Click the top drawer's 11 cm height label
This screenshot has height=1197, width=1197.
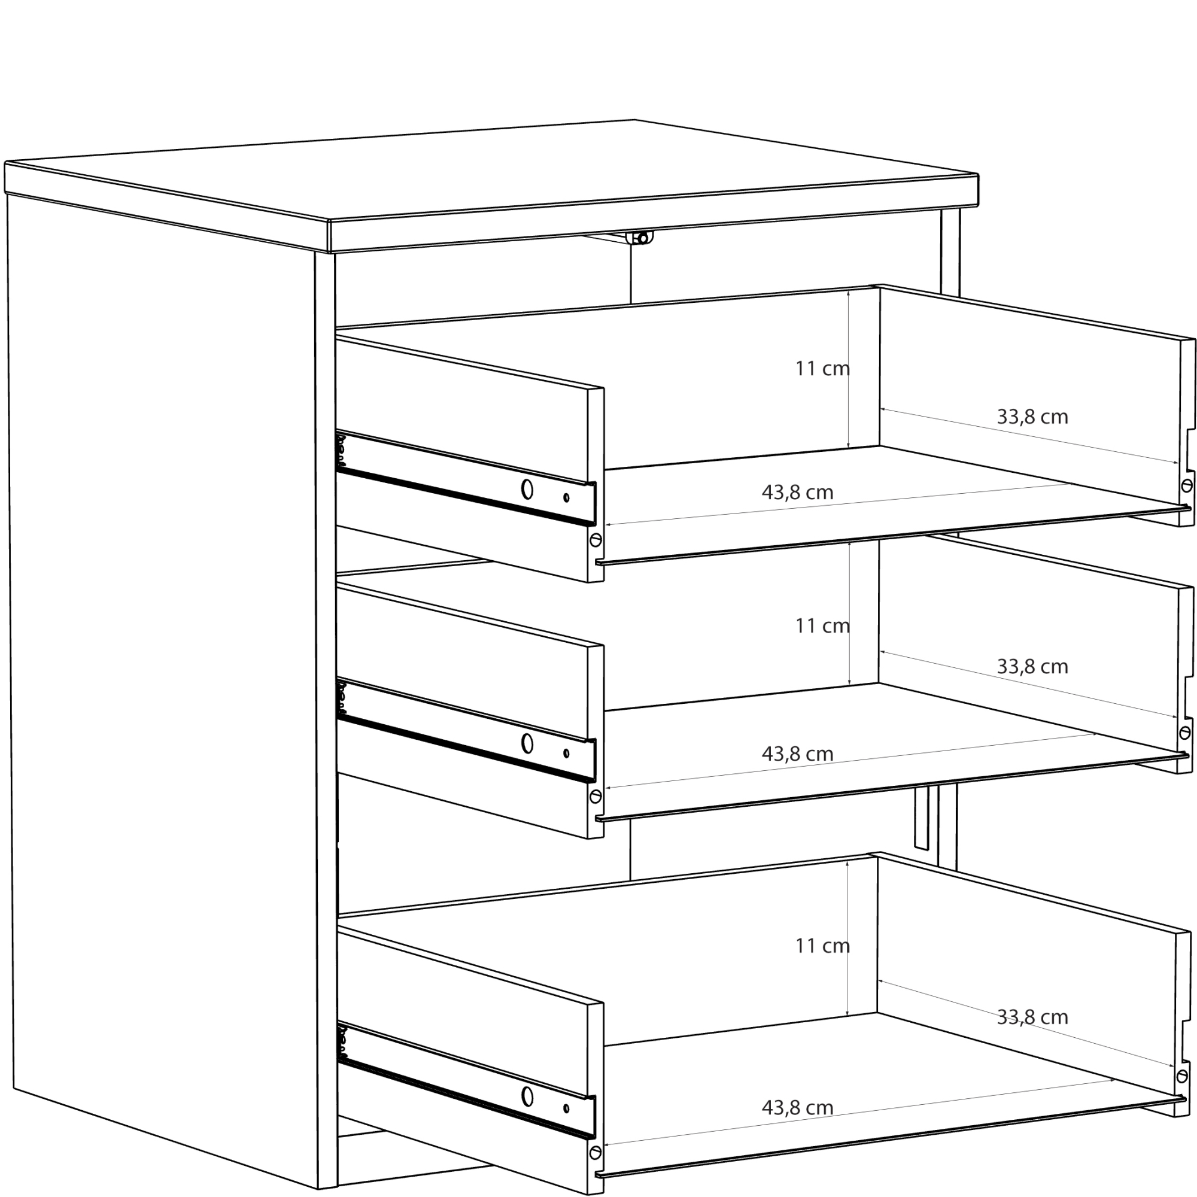coord(822,369)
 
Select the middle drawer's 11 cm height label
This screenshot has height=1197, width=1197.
coord(822,626)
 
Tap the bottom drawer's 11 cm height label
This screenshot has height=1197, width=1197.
coord(822,946)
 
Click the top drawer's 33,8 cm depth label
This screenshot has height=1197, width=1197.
coord(1032,417)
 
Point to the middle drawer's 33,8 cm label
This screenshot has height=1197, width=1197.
coord(1032,667)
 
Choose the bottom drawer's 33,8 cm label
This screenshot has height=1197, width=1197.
coord(1032,1017)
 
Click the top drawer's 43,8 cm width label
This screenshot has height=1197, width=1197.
coord(797,493)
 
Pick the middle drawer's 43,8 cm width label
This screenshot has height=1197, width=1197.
coord(797,754)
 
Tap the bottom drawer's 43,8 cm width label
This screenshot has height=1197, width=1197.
coord(797,1107)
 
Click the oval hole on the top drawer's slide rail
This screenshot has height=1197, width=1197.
coord(527,490)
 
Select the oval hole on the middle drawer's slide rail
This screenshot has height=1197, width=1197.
coord(527,743)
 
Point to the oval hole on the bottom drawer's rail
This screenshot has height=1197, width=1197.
coord(527,1096)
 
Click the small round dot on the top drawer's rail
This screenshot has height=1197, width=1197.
coord(566,497)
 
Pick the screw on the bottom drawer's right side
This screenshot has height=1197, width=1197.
coord(1182,1076)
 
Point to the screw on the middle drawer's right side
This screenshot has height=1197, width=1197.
coord(1184,733)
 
